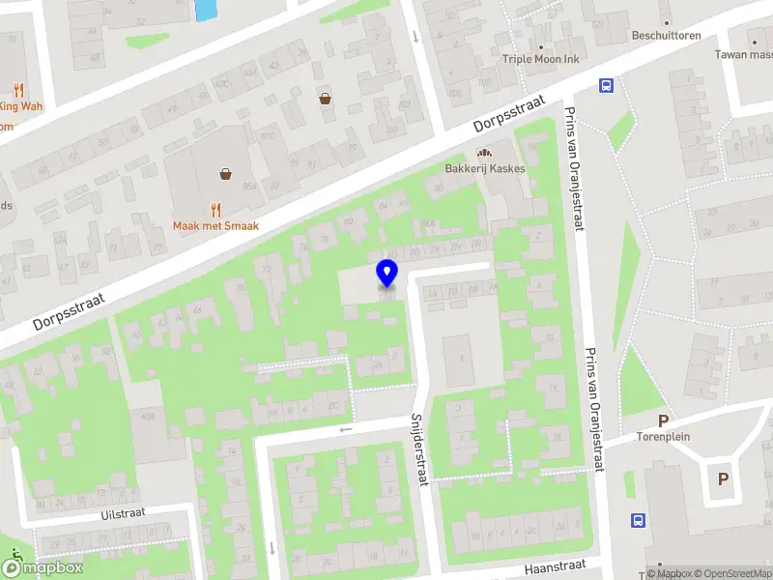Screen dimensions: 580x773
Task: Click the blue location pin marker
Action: coord(386,273)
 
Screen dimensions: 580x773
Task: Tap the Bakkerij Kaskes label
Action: coord(485,168)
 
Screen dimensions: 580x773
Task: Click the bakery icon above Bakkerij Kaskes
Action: coord(484,152)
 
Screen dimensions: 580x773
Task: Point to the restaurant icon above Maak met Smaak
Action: coord(215,208)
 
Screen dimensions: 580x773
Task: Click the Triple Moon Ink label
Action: coord(540,59)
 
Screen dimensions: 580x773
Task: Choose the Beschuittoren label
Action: coord(666,35)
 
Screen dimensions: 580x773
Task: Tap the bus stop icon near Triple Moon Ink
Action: coord(606,85)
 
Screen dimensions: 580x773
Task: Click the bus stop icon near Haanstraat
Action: coord(638,520)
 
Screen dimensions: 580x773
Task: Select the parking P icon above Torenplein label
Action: coord(663,420)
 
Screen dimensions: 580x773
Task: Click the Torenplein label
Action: coord(663,436)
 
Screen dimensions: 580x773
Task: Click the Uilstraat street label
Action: coord(123,513)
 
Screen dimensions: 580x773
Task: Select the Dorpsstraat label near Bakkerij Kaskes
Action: coord(510,114)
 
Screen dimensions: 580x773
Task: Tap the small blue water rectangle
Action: coord(206,10)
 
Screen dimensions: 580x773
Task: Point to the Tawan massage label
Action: coord(744,54)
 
